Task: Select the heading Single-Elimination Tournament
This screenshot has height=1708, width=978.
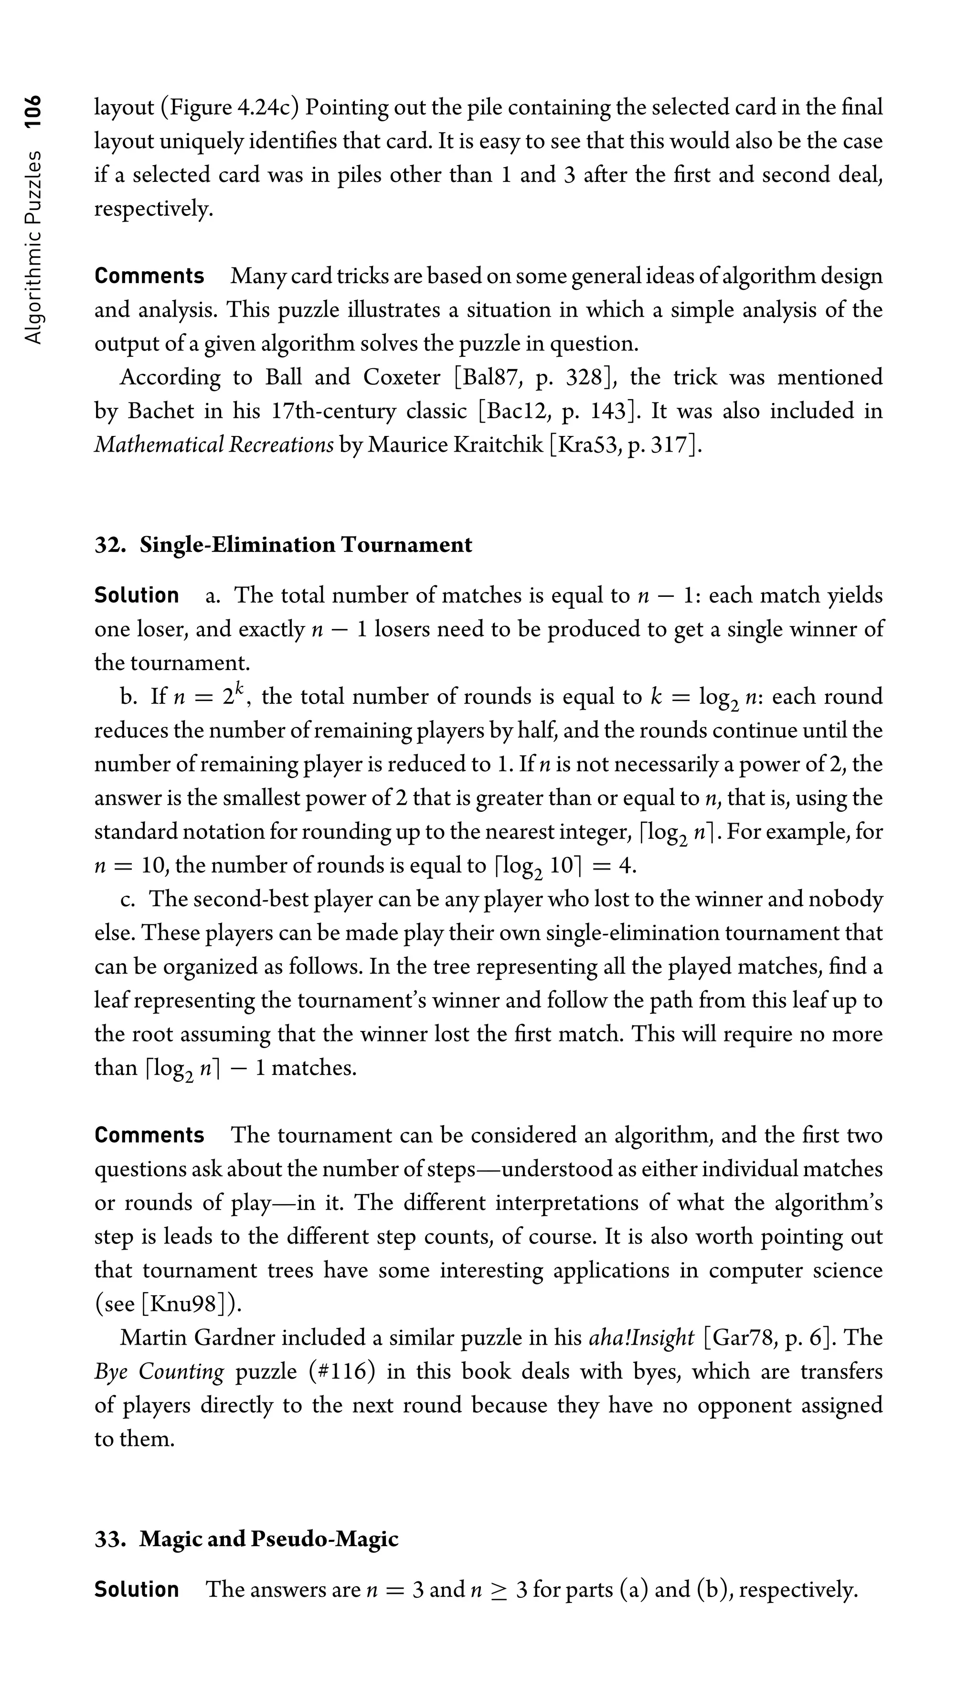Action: coord(306,545)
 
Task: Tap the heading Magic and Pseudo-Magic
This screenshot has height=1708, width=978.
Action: coord(269,1539)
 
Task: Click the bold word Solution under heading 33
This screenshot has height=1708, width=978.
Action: coord(137,1590)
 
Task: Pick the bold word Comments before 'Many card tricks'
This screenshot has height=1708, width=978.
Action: coord(149,276)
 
